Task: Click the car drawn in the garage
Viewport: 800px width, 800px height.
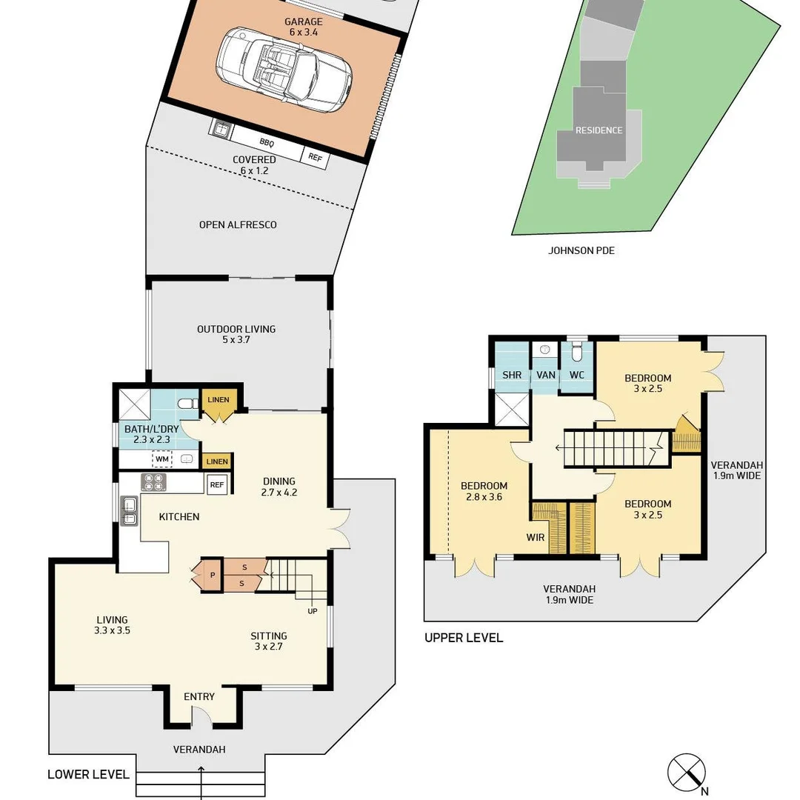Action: point(284,70)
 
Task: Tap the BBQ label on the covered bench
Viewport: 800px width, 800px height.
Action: point(267,143)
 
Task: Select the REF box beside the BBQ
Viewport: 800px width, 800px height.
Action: point(315,157)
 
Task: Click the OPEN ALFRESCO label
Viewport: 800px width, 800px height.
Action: point(238,224)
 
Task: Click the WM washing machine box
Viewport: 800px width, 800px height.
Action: point(162,460)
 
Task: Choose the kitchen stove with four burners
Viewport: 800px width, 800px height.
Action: point(153,483)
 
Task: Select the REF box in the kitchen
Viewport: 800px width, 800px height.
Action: point(216,485)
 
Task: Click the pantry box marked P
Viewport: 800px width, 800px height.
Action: point(212,575)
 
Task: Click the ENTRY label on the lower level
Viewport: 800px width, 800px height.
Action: point(199,696)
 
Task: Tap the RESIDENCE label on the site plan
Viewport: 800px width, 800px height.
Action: point(599,130)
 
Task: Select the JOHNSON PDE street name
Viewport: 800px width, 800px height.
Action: point(581,250)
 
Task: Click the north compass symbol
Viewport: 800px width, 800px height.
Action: point(687,773)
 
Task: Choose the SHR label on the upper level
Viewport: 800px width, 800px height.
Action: point(512,375)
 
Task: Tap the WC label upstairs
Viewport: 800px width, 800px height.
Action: point(577,375)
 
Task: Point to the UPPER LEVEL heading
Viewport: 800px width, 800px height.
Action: point(464,638)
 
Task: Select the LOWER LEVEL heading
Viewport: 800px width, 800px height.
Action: point(89,774)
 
